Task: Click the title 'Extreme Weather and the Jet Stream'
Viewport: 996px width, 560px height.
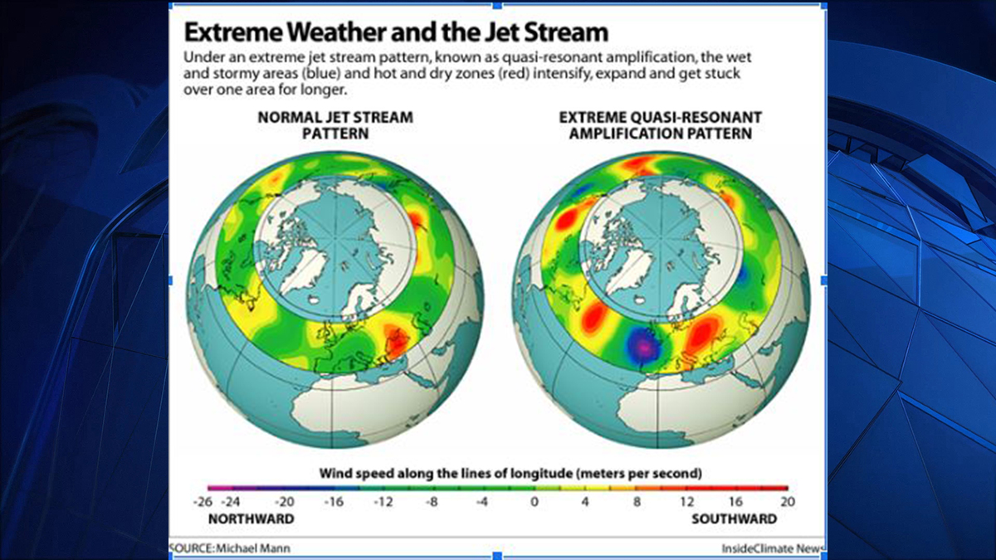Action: click(396, 32)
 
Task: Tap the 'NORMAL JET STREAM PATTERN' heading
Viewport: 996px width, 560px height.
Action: click(335, 125)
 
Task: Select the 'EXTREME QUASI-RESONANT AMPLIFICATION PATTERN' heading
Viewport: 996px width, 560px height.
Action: click(661, 125)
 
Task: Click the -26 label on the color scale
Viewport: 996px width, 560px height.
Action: click(203, 502)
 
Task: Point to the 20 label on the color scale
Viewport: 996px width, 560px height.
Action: click(788, 502)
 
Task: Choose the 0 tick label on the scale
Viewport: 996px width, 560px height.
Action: click(535, 502)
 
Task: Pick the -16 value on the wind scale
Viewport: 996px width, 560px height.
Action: click(334, 502)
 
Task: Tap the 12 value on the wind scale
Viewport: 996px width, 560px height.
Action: click(687, 502)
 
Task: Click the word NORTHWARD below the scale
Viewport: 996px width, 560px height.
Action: click(251, 519)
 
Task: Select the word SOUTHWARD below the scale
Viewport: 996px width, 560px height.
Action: click(734, 519)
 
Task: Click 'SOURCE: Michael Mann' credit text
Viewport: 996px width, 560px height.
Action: click(230, 548)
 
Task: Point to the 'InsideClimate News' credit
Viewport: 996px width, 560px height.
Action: click(774, 548)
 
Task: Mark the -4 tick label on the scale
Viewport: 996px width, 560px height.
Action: click(482, 502)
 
